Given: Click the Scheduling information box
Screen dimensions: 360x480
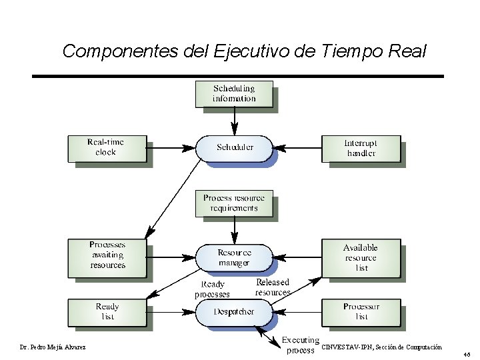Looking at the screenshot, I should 234,93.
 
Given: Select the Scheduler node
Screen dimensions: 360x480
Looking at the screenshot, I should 234,147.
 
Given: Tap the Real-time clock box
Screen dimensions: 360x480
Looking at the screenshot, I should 106,148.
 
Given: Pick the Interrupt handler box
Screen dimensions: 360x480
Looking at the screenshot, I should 361,148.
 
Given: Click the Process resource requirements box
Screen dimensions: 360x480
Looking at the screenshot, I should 234,203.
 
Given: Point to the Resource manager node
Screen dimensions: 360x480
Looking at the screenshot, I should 234,257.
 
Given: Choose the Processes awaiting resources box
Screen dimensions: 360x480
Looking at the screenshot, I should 107,255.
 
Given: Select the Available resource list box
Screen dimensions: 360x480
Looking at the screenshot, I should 361,257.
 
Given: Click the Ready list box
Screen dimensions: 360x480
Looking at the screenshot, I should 107,311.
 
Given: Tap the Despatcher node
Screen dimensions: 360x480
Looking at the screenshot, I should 234,311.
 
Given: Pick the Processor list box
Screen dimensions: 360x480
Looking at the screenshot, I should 361,311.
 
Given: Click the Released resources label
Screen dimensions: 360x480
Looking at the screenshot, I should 273,287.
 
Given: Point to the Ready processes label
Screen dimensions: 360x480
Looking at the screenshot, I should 212,289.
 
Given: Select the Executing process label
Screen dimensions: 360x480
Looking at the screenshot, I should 300,345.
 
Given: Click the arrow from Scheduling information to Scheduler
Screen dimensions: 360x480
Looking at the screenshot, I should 234,121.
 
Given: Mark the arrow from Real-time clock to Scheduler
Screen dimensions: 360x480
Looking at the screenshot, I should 170,147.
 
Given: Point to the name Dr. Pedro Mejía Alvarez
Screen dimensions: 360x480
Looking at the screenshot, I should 53,347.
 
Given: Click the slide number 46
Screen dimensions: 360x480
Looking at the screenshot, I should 467,355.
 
